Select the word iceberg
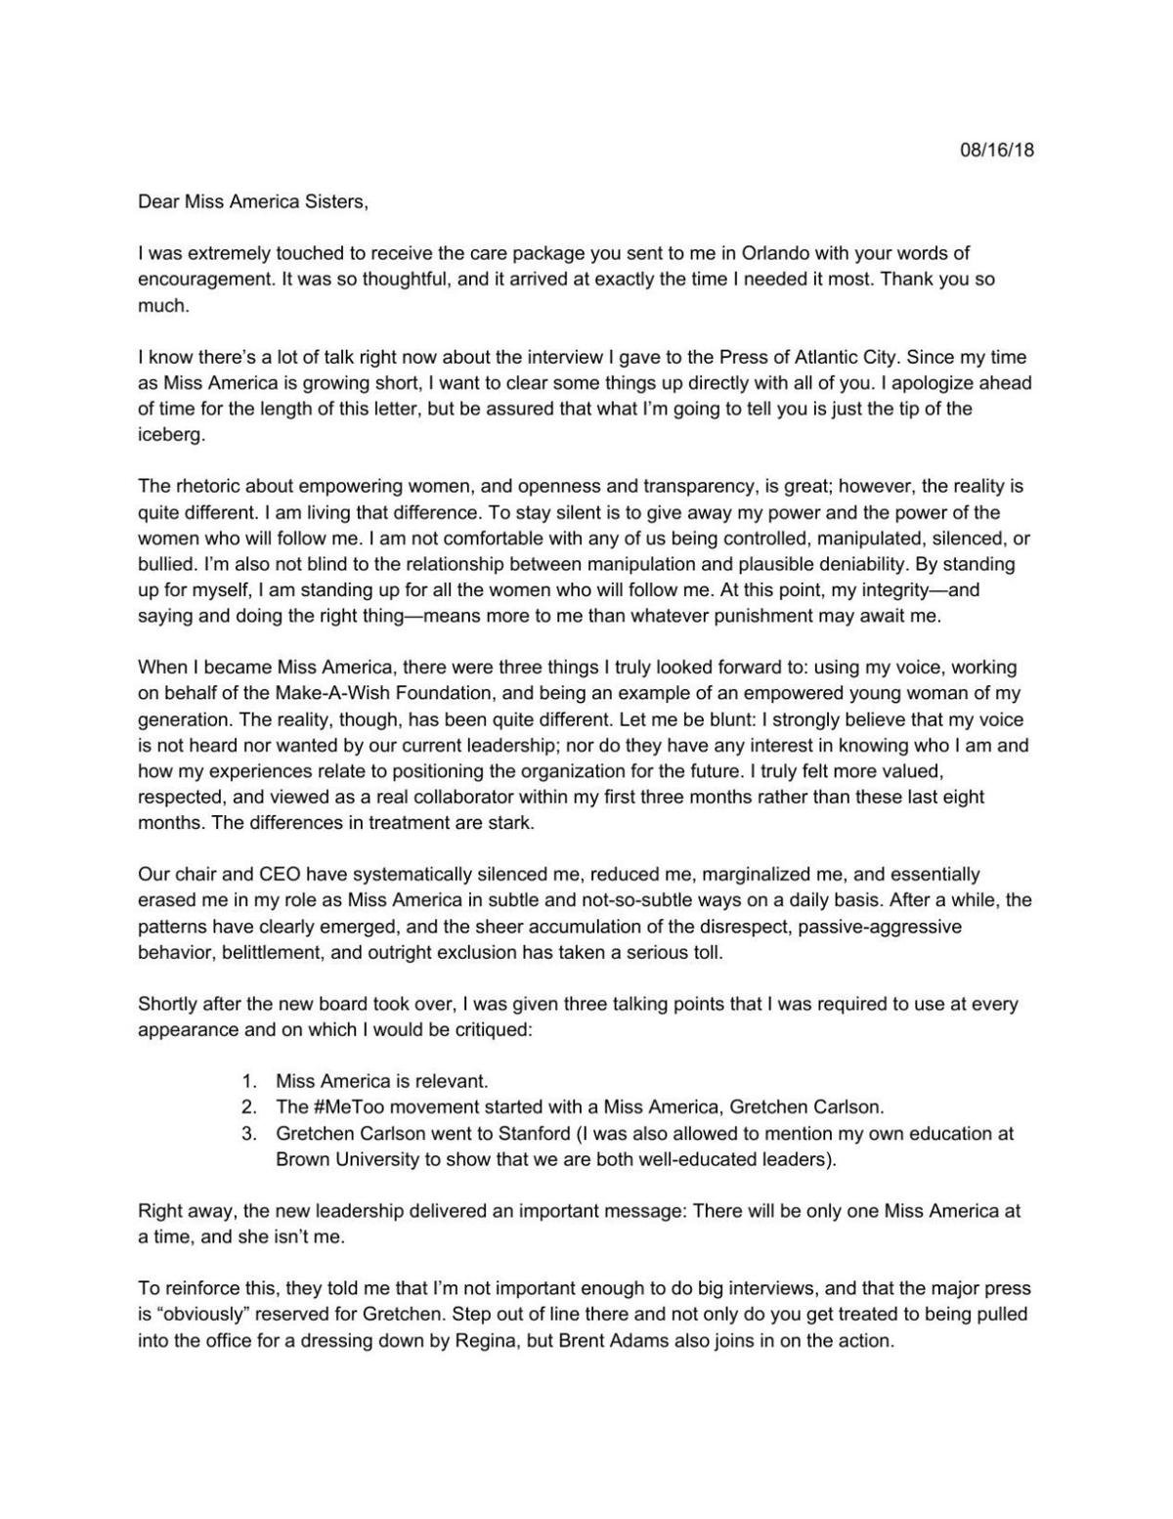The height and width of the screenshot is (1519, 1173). [x=171, y=435]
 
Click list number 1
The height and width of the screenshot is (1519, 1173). [x=249, y=1081]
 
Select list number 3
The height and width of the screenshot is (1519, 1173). [x=249, y=1134]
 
